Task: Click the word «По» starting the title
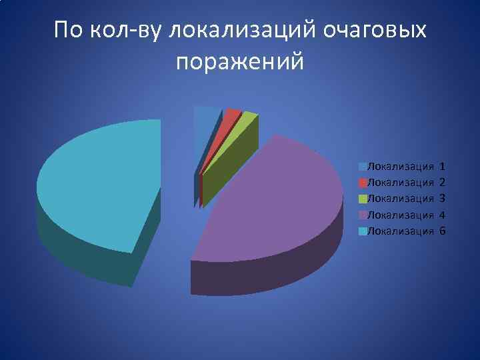pos(69,30)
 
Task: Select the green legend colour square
pos(362,198)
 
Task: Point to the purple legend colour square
pos(362,215)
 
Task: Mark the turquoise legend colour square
pos(362,231)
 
